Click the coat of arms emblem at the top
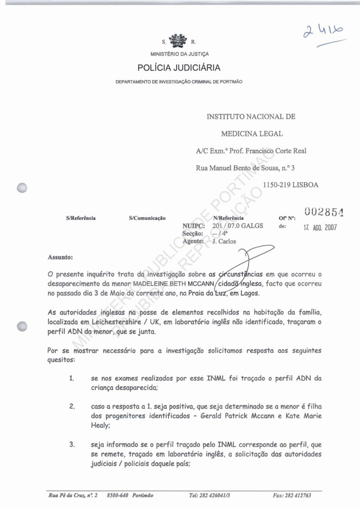(179, 41)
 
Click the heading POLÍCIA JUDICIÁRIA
(179, 68)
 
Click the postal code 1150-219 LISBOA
(290, 184)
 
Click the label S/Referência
(81, 218)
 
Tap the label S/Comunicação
(147, 218)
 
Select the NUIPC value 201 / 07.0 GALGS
(237, 225)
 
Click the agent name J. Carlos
(224, 241)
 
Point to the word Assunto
(60, 257)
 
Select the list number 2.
(72, 406)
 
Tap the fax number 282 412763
(299, 495)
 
